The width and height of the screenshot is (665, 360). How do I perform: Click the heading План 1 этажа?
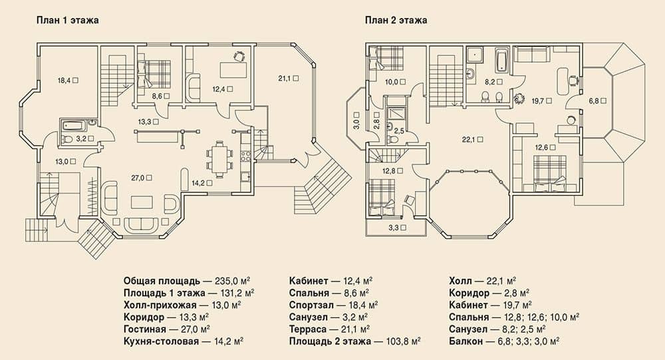67,20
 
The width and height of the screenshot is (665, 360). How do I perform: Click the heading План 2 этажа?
396,20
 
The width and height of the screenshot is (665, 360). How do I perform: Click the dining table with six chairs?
219,158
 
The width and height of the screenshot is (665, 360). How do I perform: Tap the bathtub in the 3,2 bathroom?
74,125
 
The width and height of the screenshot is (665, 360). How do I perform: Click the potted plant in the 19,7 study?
519,99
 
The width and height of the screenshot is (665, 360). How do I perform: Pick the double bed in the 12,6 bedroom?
550,174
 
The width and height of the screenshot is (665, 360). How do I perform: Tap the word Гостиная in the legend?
144,329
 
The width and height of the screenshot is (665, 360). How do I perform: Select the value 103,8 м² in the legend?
404,341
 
